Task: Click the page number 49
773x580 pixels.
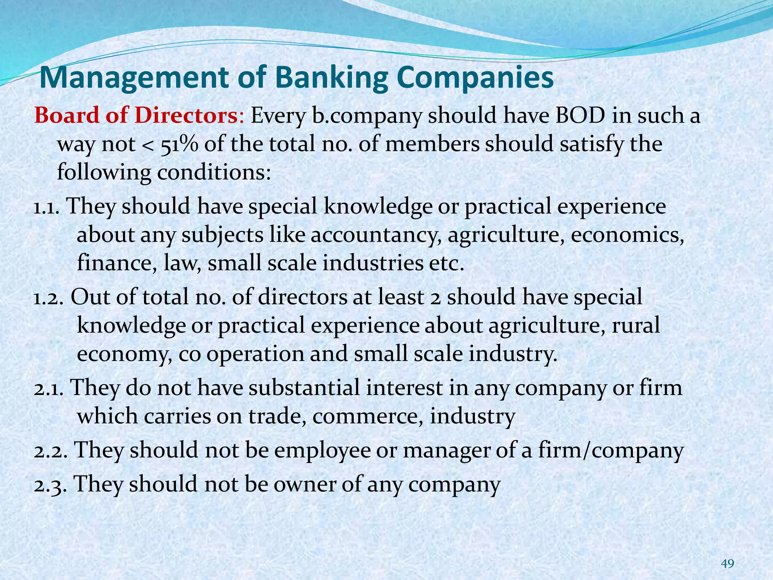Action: [727, 564]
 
